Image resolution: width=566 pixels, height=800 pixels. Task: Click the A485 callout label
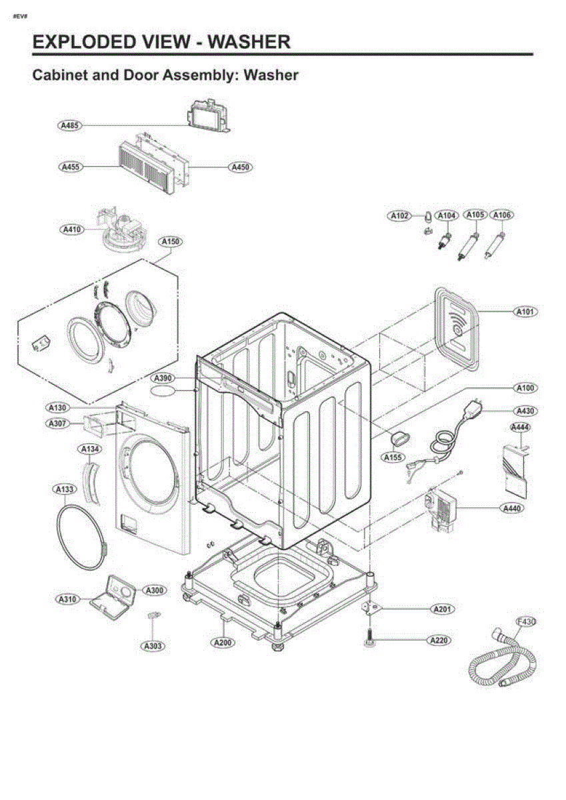(x=69, y=125)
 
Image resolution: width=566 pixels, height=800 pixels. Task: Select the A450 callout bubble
(x=240, y=167)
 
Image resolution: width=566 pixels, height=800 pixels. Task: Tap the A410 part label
(x=72, y=229)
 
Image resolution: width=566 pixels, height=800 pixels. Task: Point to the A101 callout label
(x=525, y=312)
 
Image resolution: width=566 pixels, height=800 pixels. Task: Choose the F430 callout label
(x=526, y=622)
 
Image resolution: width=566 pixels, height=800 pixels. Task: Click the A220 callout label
(x=439, y=641)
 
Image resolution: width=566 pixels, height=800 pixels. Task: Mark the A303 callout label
(x=153, y=646)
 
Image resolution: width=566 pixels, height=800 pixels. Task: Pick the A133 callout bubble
(x=65, y=489)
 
